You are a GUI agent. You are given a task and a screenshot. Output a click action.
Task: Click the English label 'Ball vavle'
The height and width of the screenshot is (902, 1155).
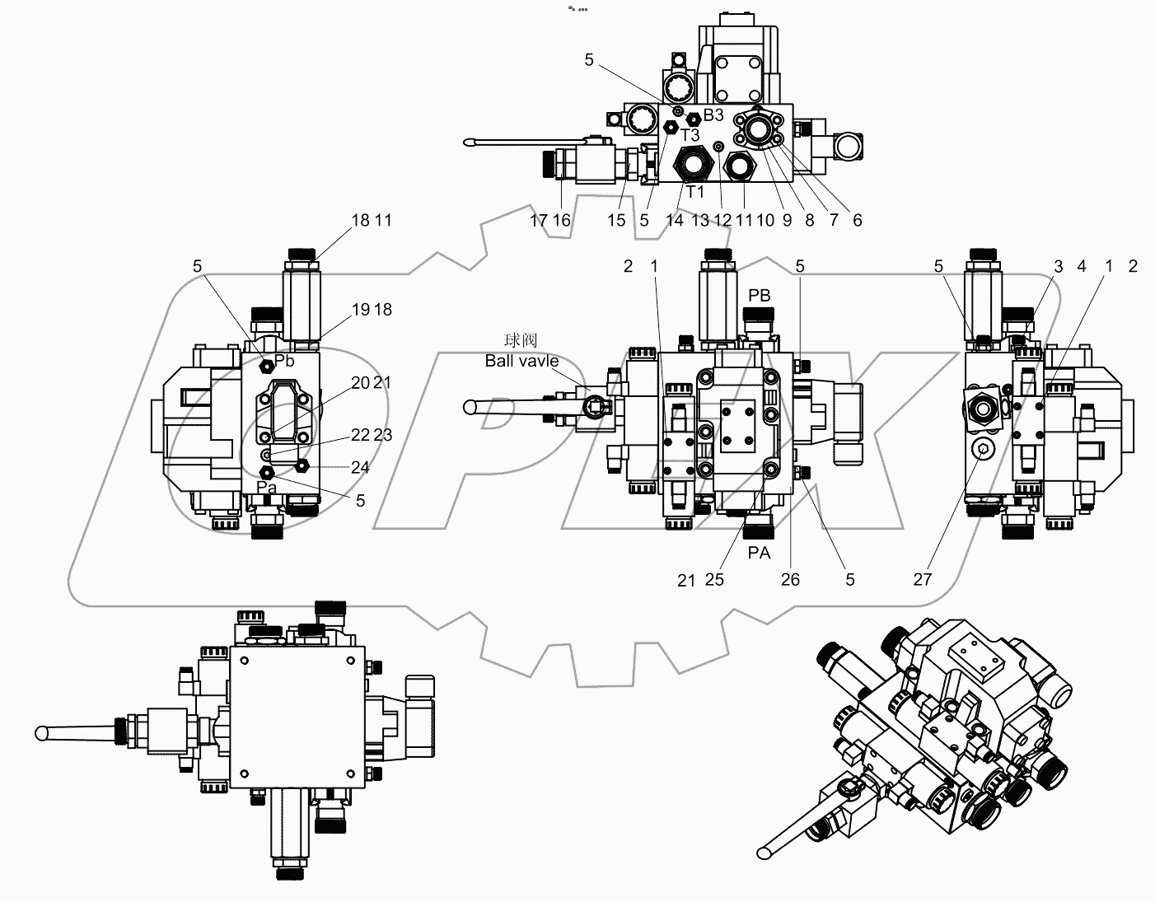[x=521, y=361]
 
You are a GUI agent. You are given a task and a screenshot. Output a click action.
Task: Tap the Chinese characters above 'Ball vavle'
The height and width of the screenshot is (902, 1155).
[x=521, y=340]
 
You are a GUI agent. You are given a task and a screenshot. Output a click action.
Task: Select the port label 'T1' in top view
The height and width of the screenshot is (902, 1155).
[x=695, y=192]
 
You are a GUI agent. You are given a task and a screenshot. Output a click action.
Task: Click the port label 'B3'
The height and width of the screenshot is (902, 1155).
[x=713, y=115]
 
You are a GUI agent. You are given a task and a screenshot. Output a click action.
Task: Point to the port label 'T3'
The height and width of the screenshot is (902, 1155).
[x=690, y=134]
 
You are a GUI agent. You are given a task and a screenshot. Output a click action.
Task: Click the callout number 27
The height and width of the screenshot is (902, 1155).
[x=922, y=579]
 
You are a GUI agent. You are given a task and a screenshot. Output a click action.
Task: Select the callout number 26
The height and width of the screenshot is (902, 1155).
[x=790, y=579]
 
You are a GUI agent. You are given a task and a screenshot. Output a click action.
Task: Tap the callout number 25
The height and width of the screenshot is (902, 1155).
[x=714, y=579]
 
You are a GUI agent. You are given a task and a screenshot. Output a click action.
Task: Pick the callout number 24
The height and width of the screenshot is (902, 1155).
[x=360, y=467]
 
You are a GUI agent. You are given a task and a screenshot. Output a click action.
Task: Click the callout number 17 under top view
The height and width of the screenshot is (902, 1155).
[x=539, y=220]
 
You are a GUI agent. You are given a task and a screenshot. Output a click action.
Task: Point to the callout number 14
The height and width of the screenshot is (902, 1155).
[x=675, y=220]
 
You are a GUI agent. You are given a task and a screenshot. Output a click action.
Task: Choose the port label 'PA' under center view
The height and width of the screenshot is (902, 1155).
[x=759, y=553]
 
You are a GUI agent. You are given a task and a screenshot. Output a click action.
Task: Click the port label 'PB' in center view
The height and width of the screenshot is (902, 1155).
[x=759, y=295]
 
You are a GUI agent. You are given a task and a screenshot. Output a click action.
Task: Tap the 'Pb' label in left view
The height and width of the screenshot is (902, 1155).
[x=284, y=361]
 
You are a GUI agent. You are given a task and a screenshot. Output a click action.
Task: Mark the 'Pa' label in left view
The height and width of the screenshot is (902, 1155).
[x=266, y=487]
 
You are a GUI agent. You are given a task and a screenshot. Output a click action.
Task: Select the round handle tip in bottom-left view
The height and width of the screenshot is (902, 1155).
[x=42, y=732]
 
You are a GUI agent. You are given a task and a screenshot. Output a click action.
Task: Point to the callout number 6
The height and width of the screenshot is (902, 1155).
[x=857, y=220]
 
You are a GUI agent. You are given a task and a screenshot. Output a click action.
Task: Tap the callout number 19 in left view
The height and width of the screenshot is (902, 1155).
[x=360, y=310]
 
